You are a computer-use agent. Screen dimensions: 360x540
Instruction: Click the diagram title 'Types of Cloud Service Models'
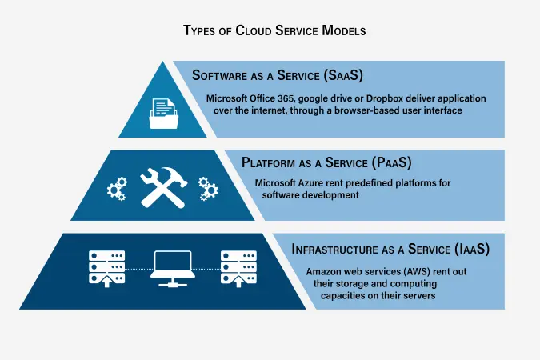[270, 31]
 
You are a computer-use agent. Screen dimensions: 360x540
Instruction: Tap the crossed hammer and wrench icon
[163, 187]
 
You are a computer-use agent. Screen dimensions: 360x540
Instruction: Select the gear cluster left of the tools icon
[118, 189]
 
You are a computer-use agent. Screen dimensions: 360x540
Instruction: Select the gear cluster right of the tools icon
[208, 189]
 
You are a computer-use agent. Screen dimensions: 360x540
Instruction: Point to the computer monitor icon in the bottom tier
[172, 268]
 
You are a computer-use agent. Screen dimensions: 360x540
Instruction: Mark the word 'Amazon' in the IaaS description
[324, 271]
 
